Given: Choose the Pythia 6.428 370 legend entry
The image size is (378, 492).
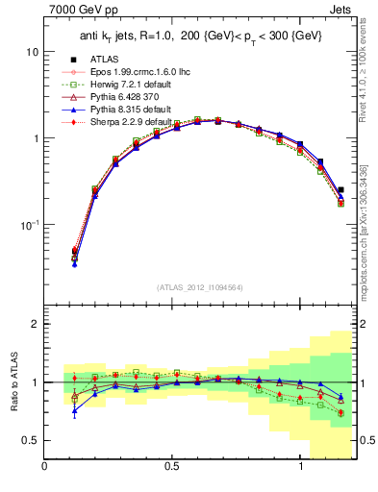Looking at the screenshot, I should (x=128, y=97).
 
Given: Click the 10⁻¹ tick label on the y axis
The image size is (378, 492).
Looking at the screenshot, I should (x=29, y=224).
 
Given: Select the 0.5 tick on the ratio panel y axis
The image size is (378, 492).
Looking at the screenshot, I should (x=32, y=440).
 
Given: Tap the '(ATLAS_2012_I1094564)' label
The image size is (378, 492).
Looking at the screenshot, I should (x=198, y=286).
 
